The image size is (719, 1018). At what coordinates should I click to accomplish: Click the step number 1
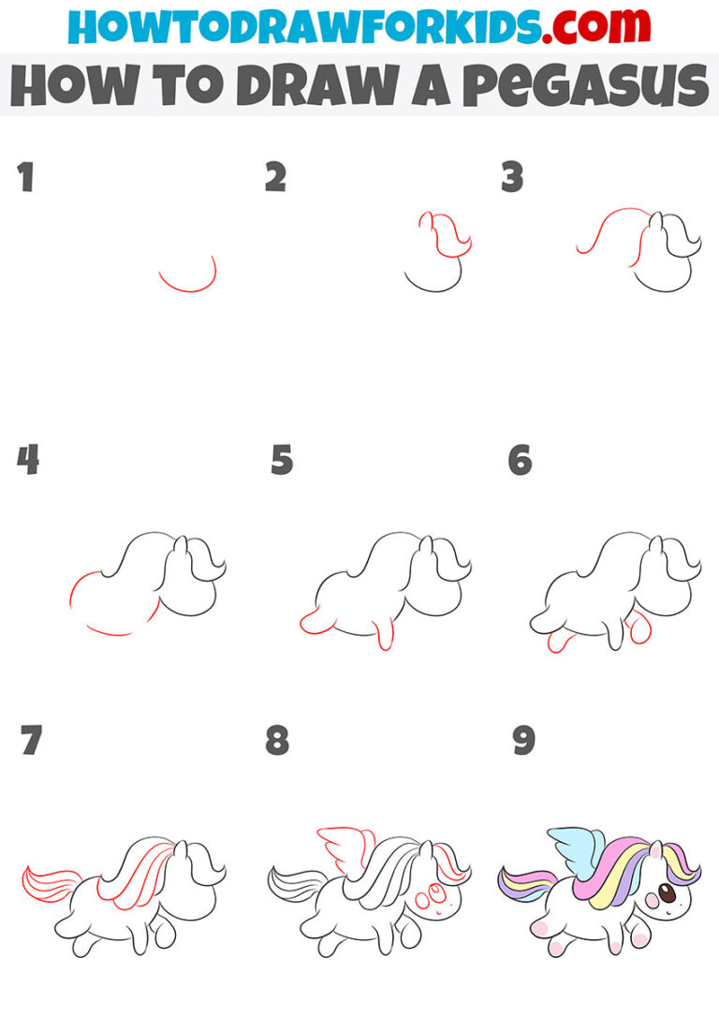coord(25,177)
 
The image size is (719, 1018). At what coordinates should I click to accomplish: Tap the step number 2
coord(275,177)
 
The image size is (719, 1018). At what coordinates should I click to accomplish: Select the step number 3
coord(512,177)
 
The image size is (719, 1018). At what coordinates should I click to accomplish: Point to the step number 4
coord(27,460)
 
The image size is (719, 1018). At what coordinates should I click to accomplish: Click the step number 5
coord(282,460)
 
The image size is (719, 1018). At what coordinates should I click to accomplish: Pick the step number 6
coord(520,460)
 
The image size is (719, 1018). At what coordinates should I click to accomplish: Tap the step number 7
coord(31,740)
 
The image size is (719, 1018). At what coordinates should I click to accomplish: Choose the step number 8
coord(277,740)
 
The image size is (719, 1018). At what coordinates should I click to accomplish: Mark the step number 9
coord(522,740)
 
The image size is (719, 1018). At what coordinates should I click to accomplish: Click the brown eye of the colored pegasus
coord(667,894)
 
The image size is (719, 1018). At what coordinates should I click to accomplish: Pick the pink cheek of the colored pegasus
coord(650,905)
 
